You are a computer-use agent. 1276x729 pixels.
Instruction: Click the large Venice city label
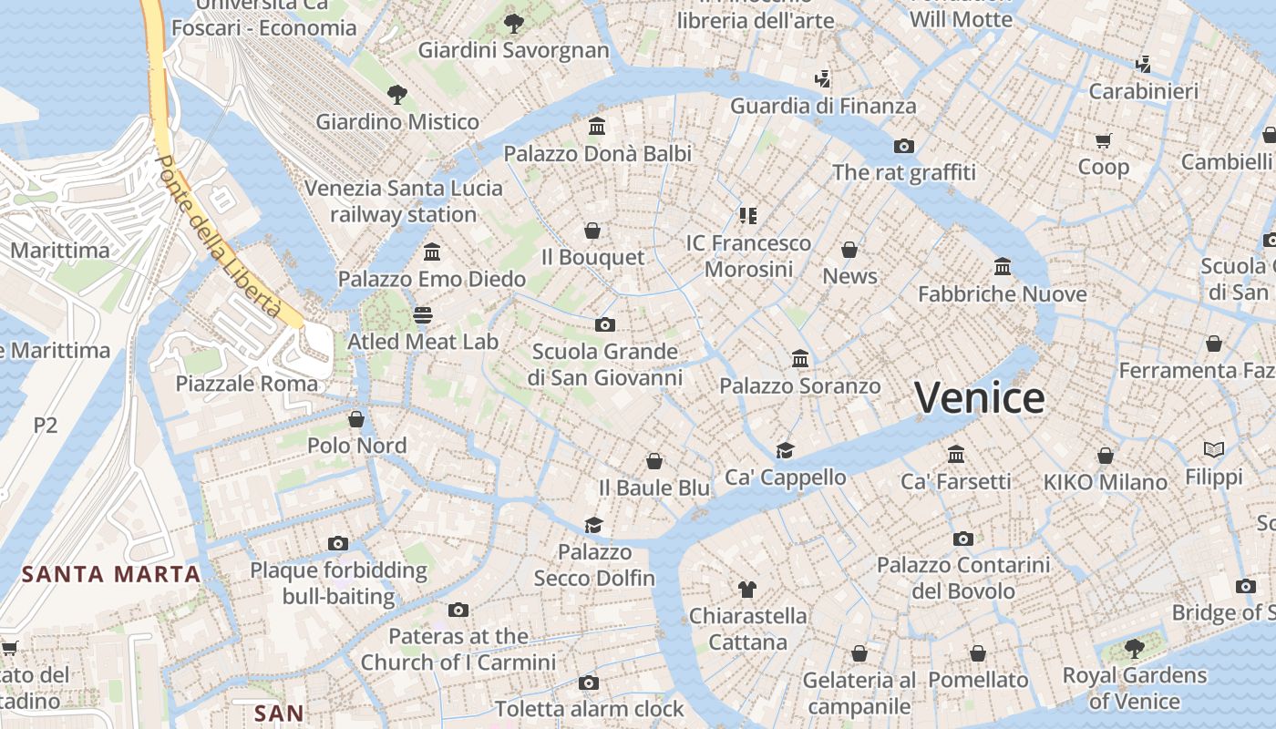[x=980, y=398]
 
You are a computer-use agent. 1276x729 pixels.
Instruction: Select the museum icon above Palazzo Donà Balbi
[x=597, y=126]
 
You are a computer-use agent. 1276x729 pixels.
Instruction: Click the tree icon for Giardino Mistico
[x=396, y=93]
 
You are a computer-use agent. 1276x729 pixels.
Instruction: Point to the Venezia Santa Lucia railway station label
[x=403, y=201]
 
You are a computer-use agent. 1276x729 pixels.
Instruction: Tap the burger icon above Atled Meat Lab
[x=422, y=314]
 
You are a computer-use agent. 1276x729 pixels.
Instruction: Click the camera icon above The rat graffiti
[x=903, y=146]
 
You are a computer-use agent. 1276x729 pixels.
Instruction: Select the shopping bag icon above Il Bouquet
[x=592, y=231]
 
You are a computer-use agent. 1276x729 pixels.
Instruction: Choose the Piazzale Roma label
[x=247, y=384]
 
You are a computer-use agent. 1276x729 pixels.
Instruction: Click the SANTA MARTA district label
[x=111, y=574]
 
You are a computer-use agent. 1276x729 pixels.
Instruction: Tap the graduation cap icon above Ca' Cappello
[x=785, y=450]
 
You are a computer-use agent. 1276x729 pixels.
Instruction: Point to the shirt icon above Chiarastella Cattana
[x=747, y=589]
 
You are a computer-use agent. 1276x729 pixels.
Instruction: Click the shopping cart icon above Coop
[x=1103, y=140]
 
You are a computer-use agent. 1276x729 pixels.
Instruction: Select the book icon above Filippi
[x=1213, y=449]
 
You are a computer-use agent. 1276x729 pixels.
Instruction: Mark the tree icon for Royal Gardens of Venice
[x=1134, y=648]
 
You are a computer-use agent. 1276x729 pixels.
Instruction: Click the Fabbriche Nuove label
[x=1002, y=294]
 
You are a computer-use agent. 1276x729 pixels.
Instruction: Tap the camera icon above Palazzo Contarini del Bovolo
[x=962, y=539]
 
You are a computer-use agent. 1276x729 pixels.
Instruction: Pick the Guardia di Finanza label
[x=823, y=107]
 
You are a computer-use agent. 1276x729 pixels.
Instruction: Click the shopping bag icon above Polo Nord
[x=356, y=419]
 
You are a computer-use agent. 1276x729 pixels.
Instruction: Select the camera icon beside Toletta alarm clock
[x=589, y=683]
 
